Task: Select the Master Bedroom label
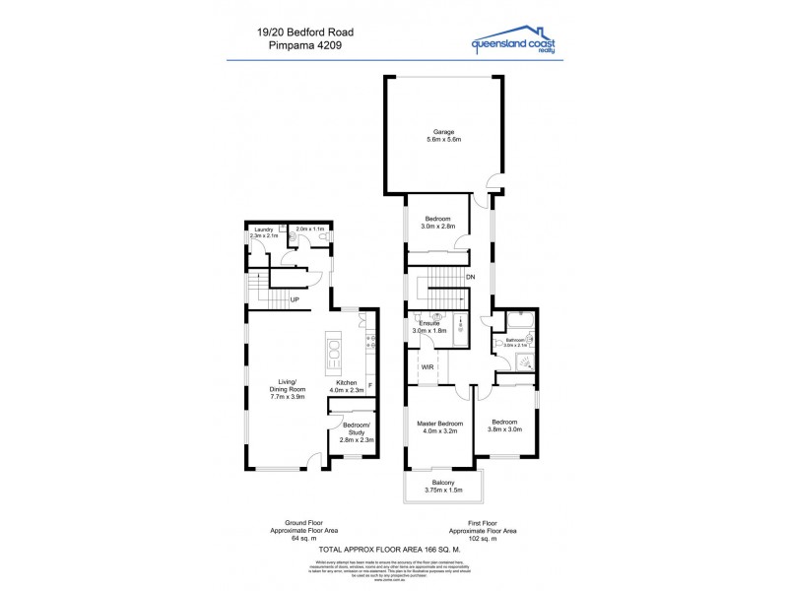440,424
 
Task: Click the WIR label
427,366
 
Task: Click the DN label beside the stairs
471,278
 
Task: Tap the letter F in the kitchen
369,383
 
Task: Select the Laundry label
262,230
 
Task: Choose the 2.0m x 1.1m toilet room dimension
310,230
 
